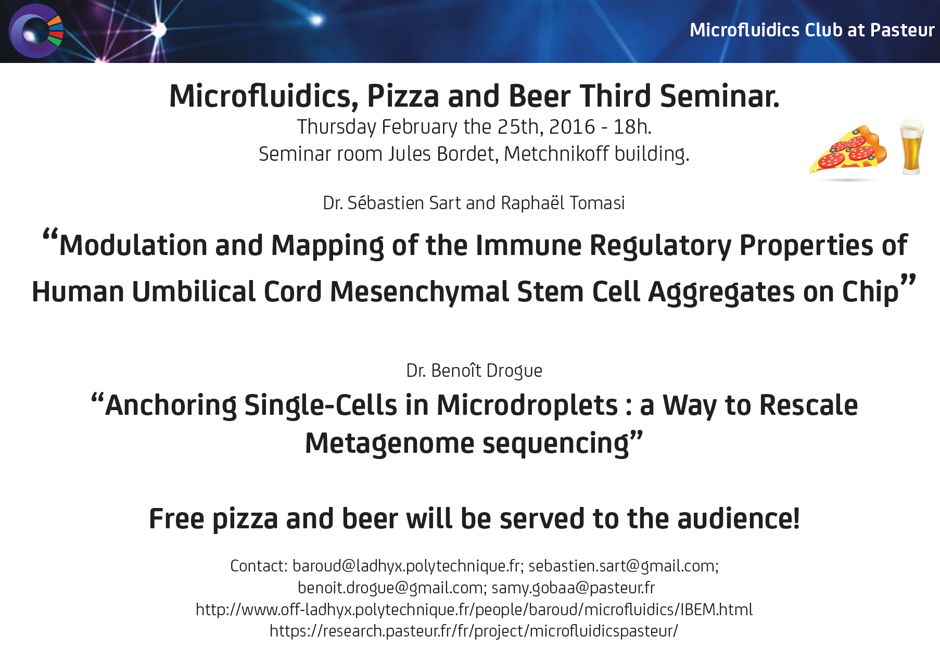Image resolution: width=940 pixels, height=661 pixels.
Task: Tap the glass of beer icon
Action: (912, 147)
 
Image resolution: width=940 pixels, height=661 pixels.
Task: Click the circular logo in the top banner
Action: (36, 31)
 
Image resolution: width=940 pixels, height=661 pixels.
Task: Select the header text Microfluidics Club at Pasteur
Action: (812, 30)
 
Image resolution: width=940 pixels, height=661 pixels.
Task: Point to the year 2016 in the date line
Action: (571, 126)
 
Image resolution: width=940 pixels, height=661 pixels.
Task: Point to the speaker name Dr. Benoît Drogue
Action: (474, 371)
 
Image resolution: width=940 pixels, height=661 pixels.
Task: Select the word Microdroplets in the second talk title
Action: (527, 406)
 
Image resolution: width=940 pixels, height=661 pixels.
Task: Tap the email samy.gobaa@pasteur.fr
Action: (573, 588)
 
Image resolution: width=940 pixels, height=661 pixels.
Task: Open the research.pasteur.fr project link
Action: (474, 631)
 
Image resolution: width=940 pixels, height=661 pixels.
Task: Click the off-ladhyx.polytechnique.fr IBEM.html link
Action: (474, 609)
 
